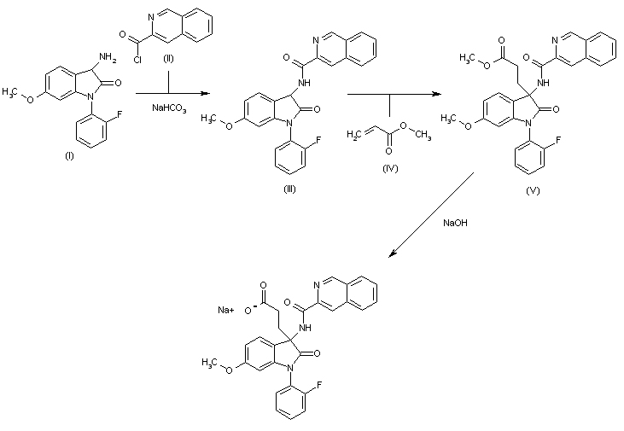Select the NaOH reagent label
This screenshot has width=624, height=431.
pos(454,223)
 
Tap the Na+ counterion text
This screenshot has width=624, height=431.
pos(226,310)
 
